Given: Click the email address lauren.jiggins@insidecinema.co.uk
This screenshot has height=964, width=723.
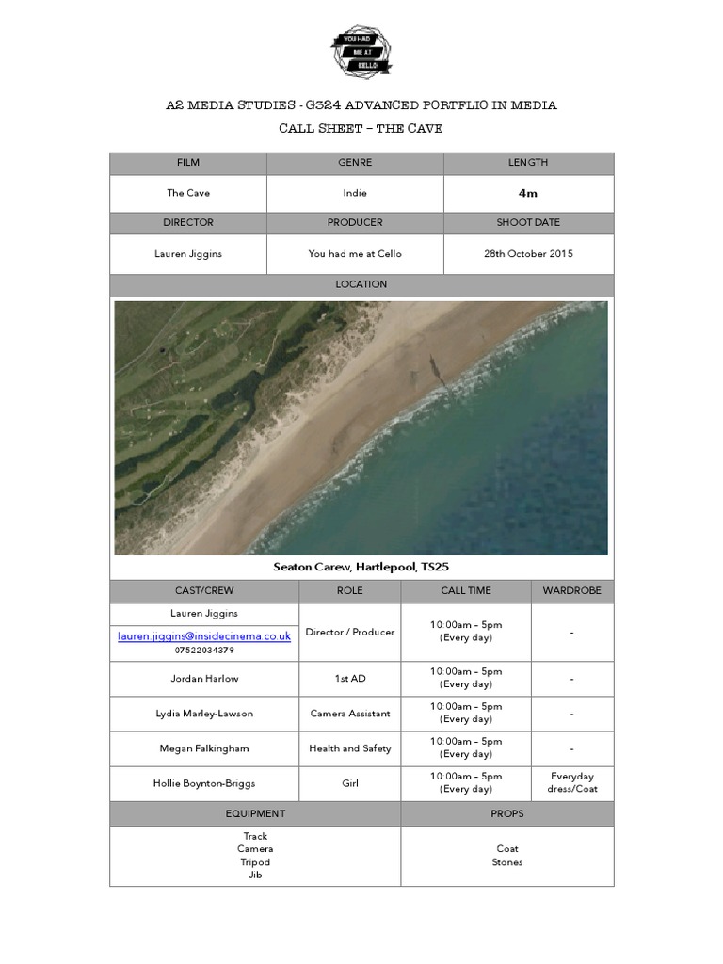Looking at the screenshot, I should pyautogui.click(x=204, y=636).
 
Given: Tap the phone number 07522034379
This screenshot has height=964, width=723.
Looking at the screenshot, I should pyautogui.click(x=204, y=651).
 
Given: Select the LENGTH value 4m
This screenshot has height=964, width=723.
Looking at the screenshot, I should pyautogui.click(x=528, y=194).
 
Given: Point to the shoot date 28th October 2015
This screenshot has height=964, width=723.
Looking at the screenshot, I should pyautogui.click(x=528, y=254).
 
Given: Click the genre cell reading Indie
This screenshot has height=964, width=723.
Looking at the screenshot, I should pyautogui.click(x=355, y=194).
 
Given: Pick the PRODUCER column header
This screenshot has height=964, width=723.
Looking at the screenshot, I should pyautogui.click(x=355, y=223).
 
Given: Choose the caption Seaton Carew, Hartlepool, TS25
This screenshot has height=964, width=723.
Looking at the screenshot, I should pyautogui.click(x=361, y=567).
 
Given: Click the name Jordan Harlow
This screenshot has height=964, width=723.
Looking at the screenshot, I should pyautogui.click(x=204, y=679).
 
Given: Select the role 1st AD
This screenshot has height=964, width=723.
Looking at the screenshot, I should pyautogui.click(x=350, y=679).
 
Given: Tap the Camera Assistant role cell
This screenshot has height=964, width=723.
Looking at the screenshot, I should pyautogui.click(x=350, y=714).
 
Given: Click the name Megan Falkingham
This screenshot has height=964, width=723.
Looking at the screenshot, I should pyautogui.click(x=204, y=748).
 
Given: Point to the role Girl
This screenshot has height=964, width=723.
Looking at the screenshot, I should pyautogui.click(x=350, y=783).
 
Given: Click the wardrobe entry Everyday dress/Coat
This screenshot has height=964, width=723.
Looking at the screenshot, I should pyautogui.click(x=572, y=783).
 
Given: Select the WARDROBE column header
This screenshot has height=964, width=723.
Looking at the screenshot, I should pyautogui.click(x=572, y=591).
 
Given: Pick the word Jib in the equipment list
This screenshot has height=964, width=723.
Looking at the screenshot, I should pyautogui.click(x=255, y=876).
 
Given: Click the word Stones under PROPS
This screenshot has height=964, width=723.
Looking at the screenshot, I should pyautogui.click(x=507, y=862).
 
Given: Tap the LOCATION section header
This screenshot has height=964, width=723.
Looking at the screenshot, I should pyautogui.click(x=361, y=284).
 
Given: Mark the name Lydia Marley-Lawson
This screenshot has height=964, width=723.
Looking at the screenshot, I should pyautogui.click(x=204, y=714).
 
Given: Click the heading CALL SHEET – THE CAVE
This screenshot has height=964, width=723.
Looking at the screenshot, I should pyautogui.click(x=361, y=129).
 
